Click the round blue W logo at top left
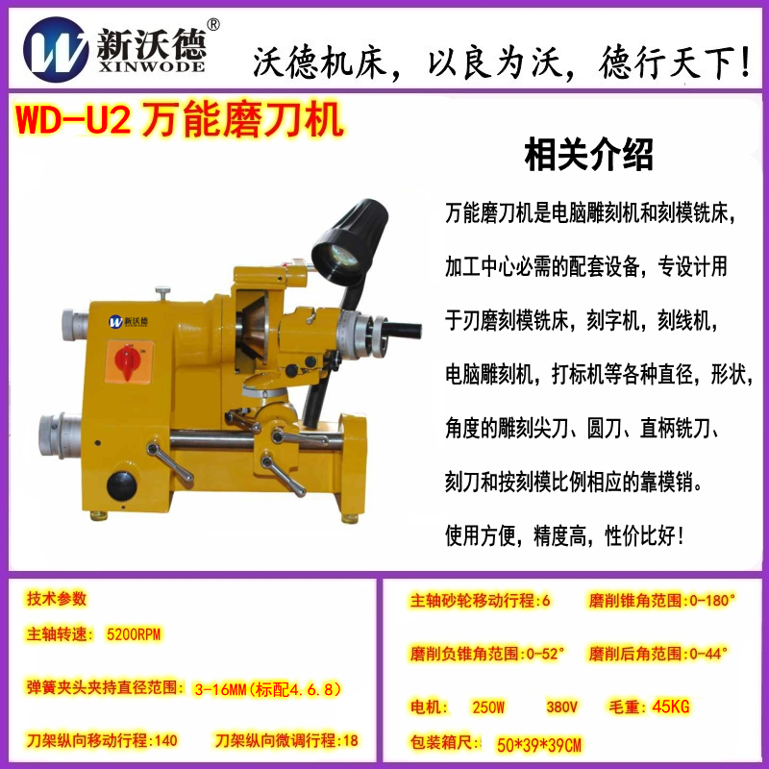[56, 50]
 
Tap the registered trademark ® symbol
[213, 25]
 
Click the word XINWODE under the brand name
[152, 66]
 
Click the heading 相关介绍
[588, 155]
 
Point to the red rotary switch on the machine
[128, 362]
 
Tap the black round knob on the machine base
[121, 485]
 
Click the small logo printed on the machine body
[128, 321]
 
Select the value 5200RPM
[134, 634]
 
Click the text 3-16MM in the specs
[220, 689]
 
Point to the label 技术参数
[57, 598]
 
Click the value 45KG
[670, 707]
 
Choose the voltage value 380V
[561, 707]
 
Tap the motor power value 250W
[488, 707]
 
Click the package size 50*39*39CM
[538, 746]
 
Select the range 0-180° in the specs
[712, 600]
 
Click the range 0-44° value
[708, 654]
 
